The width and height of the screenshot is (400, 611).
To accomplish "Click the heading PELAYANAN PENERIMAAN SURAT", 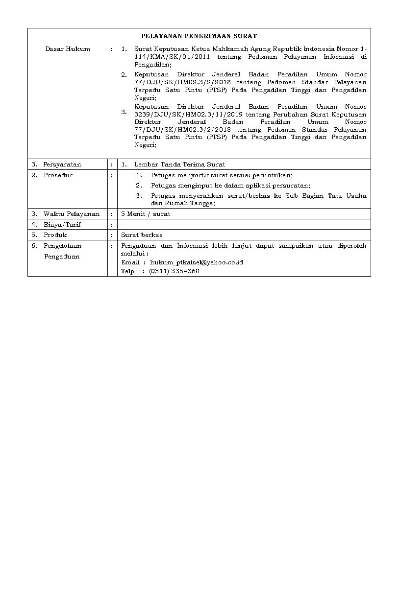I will [x=199, y=36].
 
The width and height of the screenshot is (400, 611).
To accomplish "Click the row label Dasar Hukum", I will [x=68, y=49].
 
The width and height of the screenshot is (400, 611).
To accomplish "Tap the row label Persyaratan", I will [x=62, y=164].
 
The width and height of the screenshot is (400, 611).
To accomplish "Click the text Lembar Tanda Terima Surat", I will [x=179, y=164].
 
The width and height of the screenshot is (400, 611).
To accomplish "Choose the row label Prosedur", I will [x=58, y=175].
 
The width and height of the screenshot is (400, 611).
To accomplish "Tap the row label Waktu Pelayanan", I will [x=71, y=214].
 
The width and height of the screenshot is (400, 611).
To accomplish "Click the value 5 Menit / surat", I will [x=146, y=214].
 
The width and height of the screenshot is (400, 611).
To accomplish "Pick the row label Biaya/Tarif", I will [x=62, y=225].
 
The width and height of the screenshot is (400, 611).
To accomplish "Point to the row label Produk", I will [x=55, y=235].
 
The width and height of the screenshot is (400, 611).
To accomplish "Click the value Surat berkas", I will [x=142, y=235].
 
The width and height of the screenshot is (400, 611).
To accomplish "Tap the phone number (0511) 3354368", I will [x=174, y=271].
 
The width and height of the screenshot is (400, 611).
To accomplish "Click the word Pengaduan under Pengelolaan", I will [x=62, y=257].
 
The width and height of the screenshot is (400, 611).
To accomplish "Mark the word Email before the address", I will [x=130, y=262].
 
